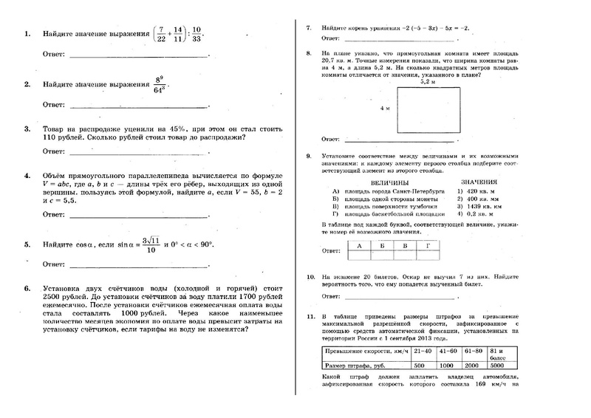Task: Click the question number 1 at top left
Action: (27, 35)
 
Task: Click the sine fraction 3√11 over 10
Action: (150, 244)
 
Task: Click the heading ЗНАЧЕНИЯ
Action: (479, 182)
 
